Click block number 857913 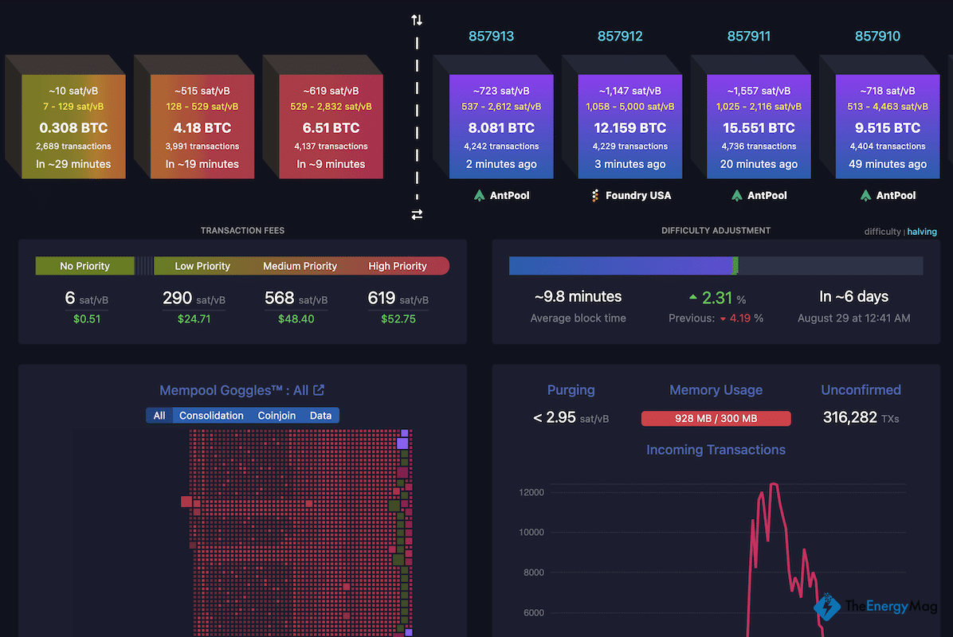tap(491, 36)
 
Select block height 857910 tap(877, 36)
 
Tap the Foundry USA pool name tap(637, 195)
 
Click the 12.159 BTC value tap(629, 127)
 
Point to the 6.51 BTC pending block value tap(331, 127)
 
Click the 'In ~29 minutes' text tap(74, 164)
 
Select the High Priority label tap(398, 266)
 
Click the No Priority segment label tap(84, 266)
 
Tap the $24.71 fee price tap(194, 318)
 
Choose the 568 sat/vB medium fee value tap(280, 298)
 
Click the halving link tap(922, 232)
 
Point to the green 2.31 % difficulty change tap(717, 298)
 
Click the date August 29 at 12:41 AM tap(853, 318)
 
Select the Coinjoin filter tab tap(276, 415)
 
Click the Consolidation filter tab tap(211, 415)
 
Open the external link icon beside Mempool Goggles tap(319, 390)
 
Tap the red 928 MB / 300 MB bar tap(716, 418)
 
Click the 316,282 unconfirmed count tap(849, 417)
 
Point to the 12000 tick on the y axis tap(531, 492)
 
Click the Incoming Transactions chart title tap(716, 450)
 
